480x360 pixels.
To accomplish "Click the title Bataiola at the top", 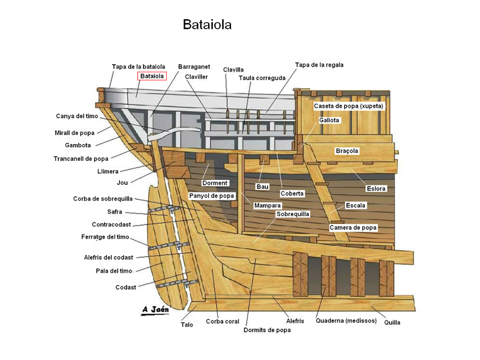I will tap(207, 25).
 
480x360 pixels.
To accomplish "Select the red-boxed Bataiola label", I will tap(152, 76).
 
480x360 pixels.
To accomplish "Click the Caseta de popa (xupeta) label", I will tap(348, 106).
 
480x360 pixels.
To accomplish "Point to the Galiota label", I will tap(329, 120).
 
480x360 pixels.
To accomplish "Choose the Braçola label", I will tap(347, 151).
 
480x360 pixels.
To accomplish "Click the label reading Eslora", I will tap(376, 188).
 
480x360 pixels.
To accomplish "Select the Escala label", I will tap(356, 205).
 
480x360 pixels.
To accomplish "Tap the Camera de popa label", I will tap(353, 228).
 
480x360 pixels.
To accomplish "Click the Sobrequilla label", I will tap(293, 214).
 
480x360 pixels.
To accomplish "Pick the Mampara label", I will tap(268, 205).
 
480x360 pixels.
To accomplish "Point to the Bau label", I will tap(263, 187).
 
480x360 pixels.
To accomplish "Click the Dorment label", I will tap(215, 183).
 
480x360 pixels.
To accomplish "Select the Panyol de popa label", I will tap(211, 196).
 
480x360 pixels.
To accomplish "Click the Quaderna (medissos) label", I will tap(346, 320).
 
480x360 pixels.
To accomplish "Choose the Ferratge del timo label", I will tap(106, 237).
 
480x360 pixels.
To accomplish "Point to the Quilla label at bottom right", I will tap(392, 323).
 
